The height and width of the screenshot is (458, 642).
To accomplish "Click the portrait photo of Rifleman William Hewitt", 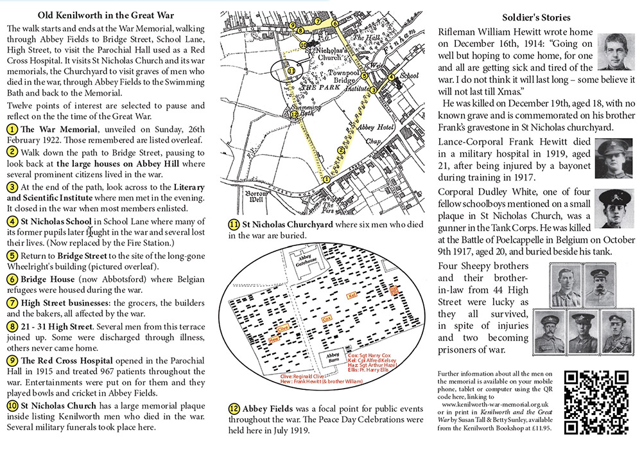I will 615,56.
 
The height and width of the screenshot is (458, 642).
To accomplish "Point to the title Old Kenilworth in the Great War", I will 93,14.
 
